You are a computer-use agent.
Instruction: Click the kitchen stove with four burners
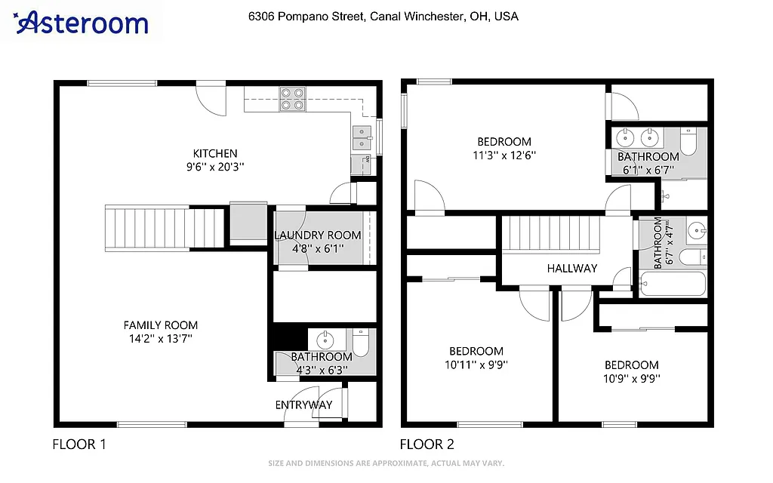[293, 99]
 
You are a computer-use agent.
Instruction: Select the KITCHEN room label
[215, 153]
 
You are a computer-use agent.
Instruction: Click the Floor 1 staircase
[165, 227]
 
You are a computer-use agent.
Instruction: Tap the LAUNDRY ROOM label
[317, 235]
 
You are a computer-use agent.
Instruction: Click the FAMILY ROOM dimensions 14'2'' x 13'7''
[161, 339]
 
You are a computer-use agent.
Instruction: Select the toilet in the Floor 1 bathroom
[361, 343]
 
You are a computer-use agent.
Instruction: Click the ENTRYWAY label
[303, 405]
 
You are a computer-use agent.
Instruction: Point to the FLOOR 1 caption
[79, 445]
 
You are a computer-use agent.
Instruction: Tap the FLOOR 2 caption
[427, 445]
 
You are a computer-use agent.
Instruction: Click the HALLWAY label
[571, 268]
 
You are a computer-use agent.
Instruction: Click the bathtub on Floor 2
[672, 285]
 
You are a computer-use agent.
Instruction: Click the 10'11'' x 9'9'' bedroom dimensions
[476, 365]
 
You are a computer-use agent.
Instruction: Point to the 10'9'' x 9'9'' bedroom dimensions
[631, 378]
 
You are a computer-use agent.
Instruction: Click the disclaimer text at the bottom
[386, 463]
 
